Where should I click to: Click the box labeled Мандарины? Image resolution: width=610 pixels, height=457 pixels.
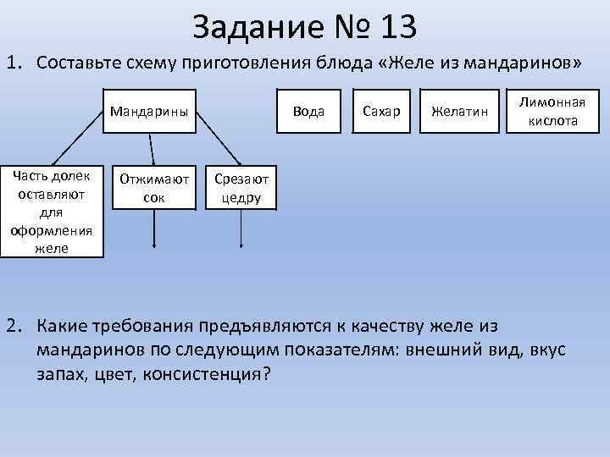pos(149,111)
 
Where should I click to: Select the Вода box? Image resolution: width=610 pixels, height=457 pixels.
pos(313,111)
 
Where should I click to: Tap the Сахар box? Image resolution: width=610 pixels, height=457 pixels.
pos(380,111)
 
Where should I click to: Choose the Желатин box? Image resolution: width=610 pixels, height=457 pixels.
pos(459,111)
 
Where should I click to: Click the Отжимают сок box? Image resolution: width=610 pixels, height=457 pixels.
pos(154,188)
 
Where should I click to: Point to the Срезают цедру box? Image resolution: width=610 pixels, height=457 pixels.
pos(241,188)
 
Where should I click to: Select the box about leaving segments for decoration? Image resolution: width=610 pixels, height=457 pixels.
pos(52,210)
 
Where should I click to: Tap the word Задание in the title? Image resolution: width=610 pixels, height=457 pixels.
pos(258,28)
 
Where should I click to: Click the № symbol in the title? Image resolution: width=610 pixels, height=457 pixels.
pos(350,28)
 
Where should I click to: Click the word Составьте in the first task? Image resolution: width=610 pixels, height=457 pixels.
pos(80,63)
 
